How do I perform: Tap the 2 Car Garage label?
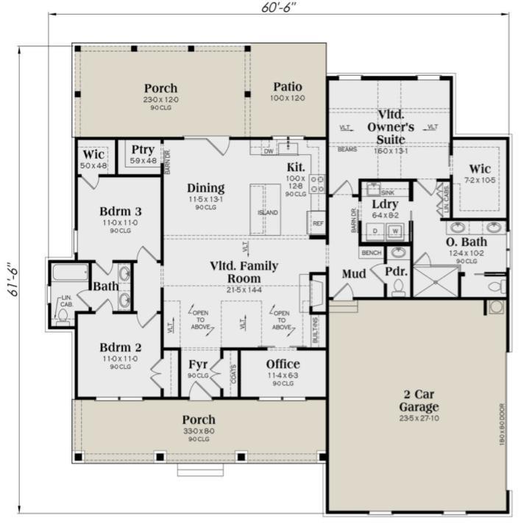click(x=419, y=400)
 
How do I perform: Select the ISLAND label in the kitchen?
click(x=267, y=213)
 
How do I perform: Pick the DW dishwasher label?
click(x=269, y=151)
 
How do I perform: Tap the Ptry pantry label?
click(x=143, y=151)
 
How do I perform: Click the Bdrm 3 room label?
click(x=119, y=212)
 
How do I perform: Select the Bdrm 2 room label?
click(x=119, y=347)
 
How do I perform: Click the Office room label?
click(x=283, y=364)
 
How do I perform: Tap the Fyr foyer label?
click(x=198, y=364)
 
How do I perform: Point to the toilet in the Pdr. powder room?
click(x=398, y=286)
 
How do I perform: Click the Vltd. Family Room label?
click(x=245, y=273)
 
